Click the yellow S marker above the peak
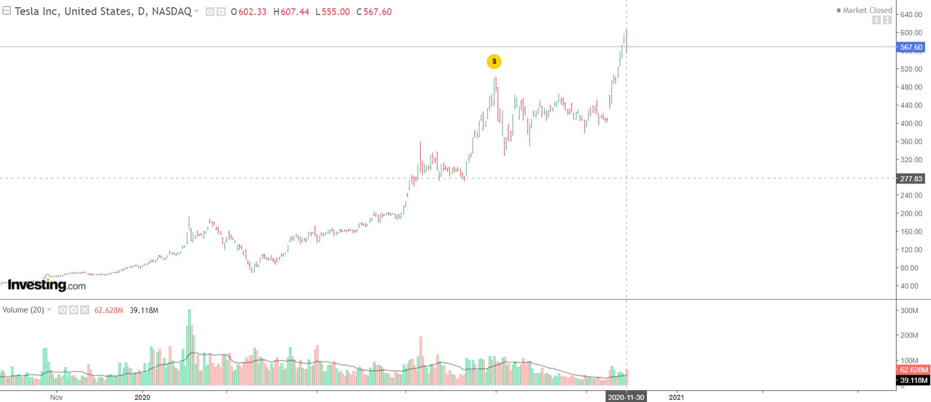click(494, 62)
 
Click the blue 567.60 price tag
click(911, 47)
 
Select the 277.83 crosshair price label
click(911, 179)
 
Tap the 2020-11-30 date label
click(626, 397)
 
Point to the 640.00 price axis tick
click(911, 14)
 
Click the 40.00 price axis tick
click(909, 286)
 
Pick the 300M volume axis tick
click(909, 311)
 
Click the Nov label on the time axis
click(56, 397)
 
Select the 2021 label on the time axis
click(676, 397)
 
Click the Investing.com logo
click(47, 285)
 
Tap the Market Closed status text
click(867, 10)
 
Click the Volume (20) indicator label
click(23, 310)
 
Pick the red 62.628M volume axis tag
click(913, 370)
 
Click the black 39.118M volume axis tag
click(913, 380)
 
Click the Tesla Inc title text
click(103, 11)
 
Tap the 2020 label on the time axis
click(142, 397)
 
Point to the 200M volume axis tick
click(909, 335)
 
